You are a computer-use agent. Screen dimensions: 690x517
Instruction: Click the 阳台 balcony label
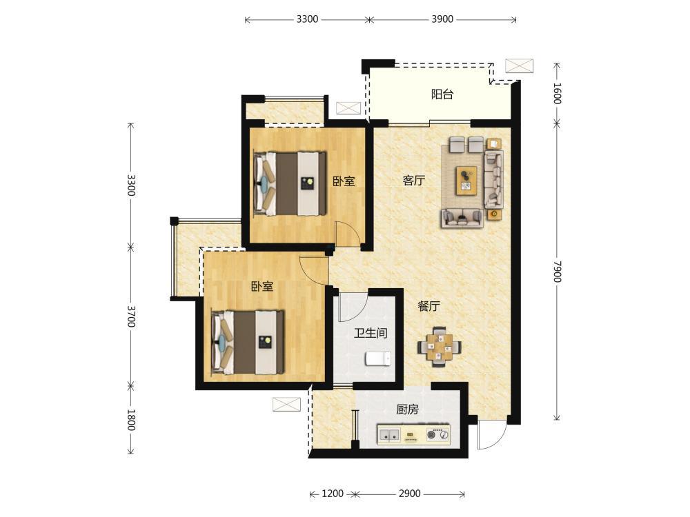[x=442, y=94]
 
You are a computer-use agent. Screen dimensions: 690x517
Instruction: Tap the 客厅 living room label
[x=413, y=180]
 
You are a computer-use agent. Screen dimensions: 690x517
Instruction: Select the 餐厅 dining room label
[x=428, y=307]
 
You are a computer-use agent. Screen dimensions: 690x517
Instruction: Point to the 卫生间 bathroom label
[x=371, y=333]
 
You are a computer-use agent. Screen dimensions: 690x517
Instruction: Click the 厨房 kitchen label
[x=407, y=409]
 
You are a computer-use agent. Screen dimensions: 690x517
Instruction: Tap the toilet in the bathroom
[x=377, y=358]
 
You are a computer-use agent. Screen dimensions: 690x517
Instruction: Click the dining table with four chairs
[x=440, y=347]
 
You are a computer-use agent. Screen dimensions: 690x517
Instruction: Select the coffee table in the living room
[x=466, y=180]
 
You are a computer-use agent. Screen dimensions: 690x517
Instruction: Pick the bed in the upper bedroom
[x=290, y=183]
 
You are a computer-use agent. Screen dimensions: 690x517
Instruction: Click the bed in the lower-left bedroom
[x=248, y=343]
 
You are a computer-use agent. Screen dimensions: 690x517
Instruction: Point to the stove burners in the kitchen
[x=438, y=435]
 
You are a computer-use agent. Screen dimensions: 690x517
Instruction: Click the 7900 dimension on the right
[x=557, y=271]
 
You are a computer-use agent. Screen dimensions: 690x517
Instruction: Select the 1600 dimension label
[x=557, y=93]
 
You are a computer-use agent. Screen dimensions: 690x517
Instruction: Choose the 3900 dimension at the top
[x=442, y=19]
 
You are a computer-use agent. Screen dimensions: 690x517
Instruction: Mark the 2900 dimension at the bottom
[x=409, y=494]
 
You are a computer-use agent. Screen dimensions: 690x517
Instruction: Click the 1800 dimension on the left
[x=130, y=420]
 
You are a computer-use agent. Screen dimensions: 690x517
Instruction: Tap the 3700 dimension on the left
[x=130, y=316]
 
